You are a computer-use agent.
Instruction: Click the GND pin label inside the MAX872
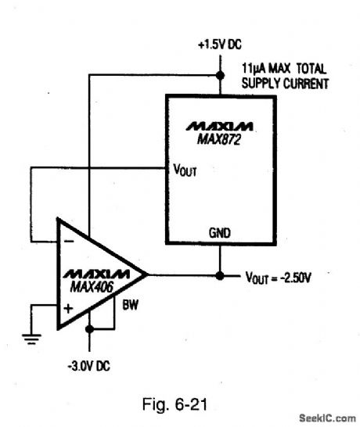pos(219,233)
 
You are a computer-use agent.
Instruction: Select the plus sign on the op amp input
pos(68,308)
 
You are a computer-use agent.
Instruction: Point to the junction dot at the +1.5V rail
pos(218,75)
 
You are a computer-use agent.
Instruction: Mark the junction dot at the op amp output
pos(219,275)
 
